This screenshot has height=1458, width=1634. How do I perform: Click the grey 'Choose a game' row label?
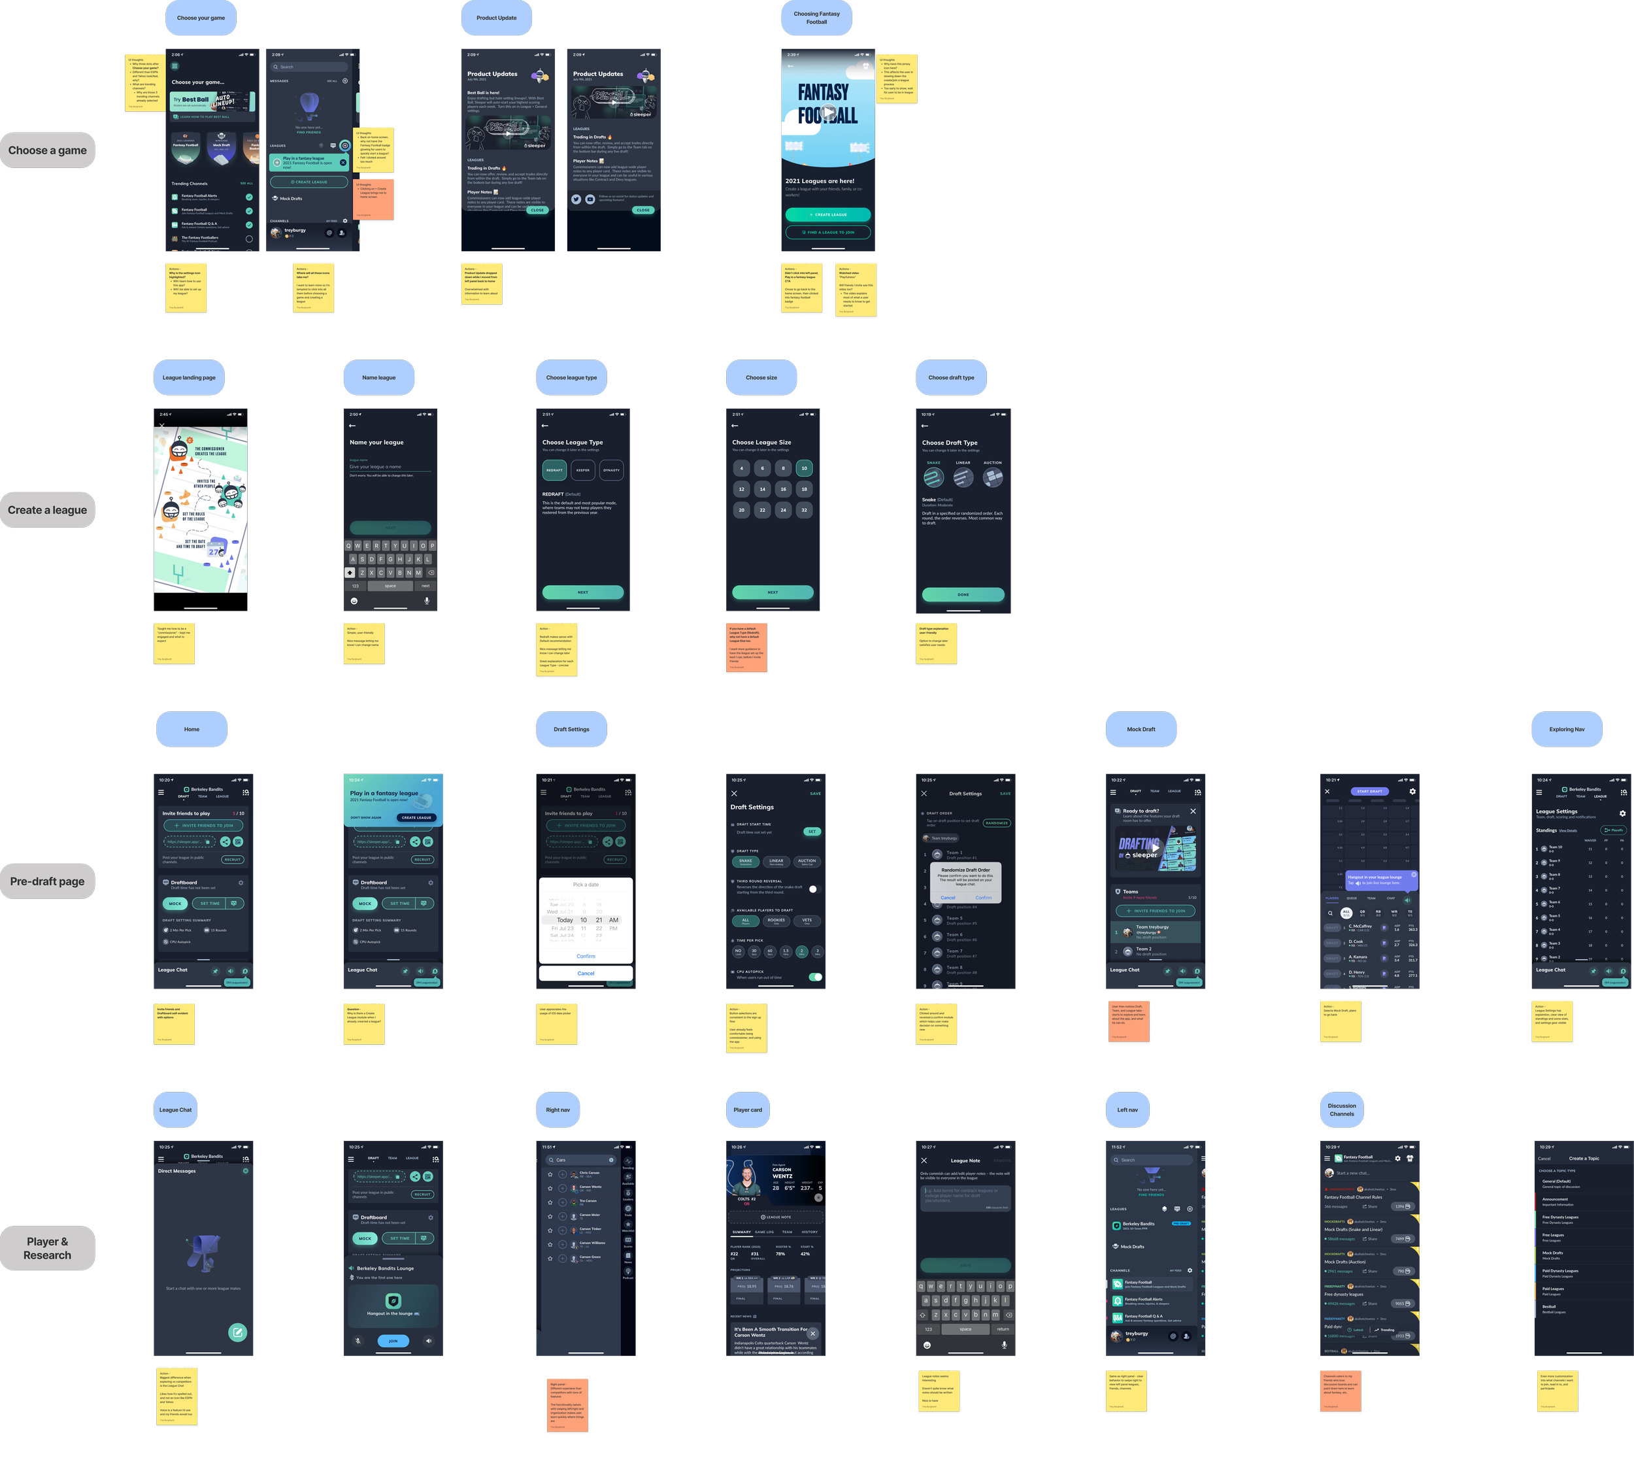(47, 150)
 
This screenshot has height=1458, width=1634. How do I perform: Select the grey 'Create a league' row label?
(47, 510)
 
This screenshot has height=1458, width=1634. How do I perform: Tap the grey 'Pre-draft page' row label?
(47, 881)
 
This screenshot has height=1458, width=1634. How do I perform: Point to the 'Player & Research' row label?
(47, 1248)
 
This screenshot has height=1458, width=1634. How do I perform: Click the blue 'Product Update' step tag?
(497, 18)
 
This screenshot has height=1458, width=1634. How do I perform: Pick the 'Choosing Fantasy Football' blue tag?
(816, 18)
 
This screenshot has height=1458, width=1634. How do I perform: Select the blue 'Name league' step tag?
(379, 377)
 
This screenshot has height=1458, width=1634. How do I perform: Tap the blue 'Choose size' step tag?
(761, 377)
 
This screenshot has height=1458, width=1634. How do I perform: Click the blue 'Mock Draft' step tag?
(1141, 729)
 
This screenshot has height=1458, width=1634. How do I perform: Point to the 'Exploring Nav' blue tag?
(1567, 729)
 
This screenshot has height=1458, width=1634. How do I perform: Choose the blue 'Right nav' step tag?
(558, 1110)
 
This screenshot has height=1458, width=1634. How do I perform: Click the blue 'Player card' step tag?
(747, 1110)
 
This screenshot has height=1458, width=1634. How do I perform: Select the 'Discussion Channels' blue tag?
(1342, 1110)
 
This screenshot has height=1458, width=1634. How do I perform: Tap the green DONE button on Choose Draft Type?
(963, 594)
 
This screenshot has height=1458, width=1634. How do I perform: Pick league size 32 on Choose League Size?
(804, 509)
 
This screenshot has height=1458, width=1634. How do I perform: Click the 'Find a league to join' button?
(827, 232)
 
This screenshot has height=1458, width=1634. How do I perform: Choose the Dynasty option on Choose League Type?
(611, 470)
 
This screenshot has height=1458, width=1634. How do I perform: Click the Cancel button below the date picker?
(586, 974)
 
